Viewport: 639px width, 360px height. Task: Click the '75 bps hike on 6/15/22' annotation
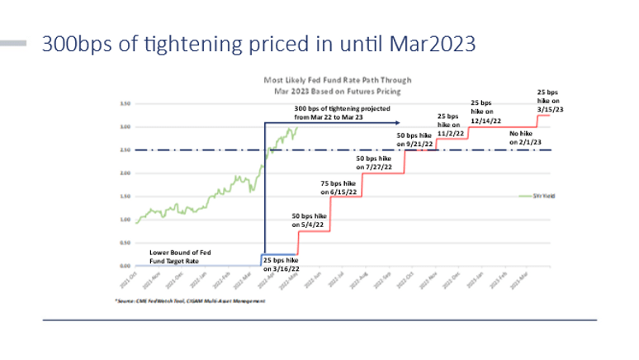338,187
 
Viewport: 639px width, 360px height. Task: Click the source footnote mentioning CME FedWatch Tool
190,302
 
